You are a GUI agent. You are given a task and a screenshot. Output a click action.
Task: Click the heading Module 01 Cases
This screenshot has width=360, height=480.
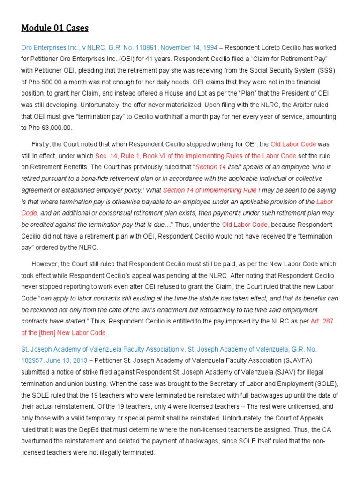click(55, 28)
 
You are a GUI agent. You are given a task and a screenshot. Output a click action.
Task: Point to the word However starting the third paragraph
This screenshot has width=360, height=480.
click(45, 264)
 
